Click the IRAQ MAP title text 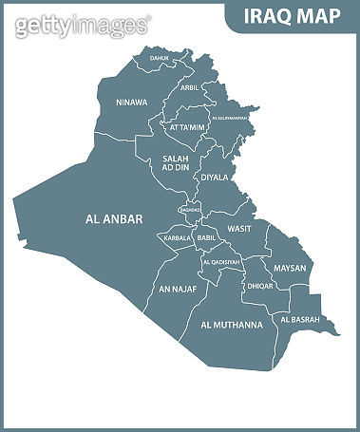pos(293,16)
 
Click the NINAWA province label pos(131,102)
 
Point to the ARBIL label pos(190,87)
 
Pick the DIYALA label pos(215,176)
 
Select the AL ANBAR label pos(113,218)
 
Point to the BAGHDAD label pos(189,210)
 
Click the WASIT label pos(239,229)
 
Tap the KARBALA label pos(178,237)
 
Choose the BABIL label pos(207,237)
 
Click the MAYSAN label pos(290,268)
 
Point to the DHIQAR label pos(260,285)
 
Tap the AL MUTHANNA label pos(231,325)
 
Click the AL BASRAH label pos(301,319)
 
